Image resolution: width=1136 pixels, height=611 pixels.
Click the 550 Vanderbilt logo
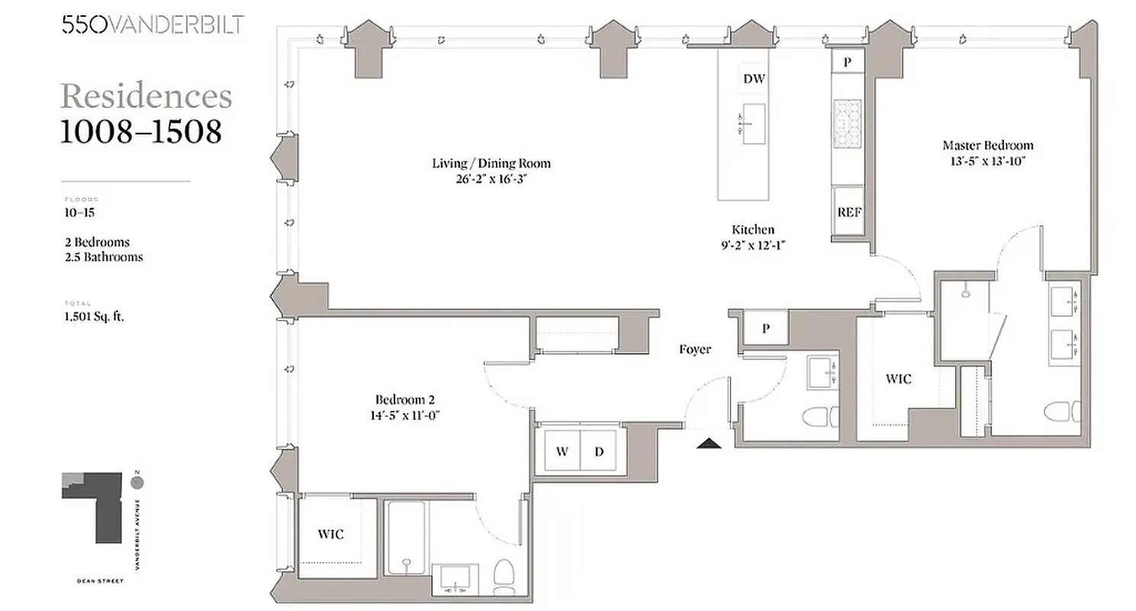coord(153,24)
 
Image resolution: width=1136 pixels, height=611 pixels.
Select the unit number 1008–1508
coord(141,132)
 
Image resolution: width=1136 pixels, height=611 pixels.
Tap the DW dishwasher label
coord(754,79)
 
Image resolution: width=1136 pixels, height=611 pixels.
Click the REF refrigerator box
coord(849,212)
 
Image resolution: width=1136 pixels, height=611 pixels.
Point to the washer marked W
coord(562,451)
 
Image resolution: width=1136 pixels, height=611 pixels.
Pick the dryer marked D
coord(600,451)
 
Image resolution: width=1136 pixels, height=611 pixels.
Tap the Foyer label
coord(695,349)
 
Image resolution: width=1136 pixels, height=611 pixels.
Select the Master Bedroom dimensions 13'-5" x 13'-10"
coord(987,160)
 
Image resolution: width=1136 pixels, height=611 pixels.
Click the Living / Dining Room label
coord(491,163)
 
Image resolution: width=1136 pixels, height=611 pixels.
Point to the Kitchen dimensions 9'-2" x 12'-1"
coord(753,245)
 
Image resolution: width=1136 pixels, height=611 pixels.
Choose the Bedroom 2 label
coord(404,399)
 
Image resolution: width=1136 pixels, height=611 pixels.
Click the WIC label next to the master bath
coord(898,378)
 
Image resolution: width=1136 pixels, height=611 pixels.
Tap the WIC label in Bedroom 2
coord(330,534)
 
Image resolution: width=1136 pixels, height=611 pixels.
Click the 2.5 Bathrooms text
coord(104,257)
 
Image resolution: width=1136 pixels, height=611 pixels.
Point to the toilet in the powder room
coord(820,419)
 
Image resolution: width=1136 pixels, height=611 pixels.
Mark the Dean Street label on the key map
coord(100,580)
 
